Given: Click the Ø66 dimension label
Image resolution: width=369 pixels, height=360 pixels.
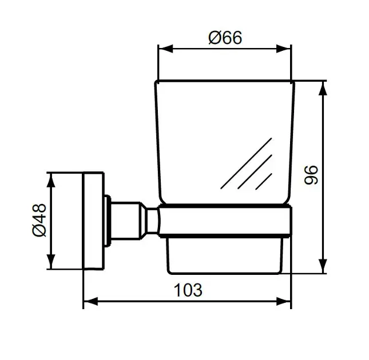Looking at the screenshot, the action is pos(225,38).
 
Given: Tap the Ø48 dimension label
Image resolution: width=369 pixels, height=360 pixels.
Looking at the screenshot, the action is pos(39,220).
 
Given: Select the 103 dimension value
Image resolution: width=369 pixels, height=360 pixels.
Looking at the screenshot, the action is pos(188,290).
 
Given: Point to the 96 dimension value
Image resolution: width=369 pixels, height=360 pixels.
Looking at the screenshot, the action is pos(311,175).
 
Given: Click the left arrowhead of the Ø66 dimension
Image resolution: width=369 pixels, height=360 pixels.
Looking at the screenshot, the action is pos(166,49).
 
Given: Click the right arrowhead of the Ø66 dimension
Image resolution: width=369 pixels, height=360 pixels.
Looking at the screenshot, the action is pos(284,49).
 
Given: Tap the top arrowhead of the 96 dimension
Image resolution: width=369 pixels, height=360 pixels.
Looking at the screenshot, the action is pos(323,89).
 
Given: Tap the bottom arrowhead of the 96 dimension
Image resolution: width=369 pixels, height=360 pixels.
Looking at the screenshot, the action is pos(323,266).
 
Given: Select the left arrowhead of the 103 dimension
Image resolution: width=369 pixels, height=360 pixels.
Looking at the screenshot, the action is pos(91,301).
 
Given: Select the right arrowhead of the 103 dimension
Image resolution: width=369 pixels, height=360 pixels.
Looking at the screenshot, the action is pos(284,301).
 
